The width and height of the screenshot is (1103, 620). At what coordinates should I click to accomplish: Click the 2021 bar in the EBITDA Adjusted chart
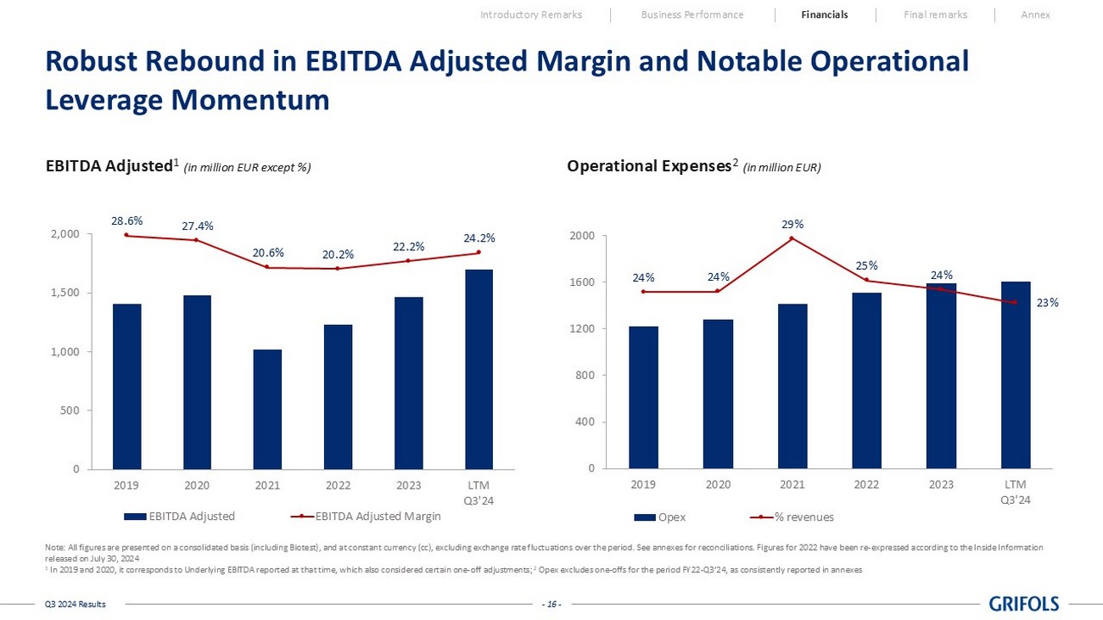(267, 409)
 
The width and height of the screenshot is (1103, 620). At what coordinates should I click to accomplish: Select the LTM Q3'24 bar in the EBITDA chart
(479, 369)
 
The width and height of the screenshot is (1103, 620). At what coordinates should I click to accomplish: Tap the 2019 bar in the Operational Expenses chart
(643, 397)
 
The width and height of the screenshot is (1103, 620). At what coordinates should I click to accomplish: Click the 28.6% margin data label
(126, 221)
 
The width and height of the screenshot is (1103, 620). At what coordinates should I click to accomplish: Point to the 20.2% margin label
(338, 254)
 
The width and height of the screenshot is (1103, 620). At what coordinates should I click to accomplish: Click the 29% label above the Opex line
(792, 224)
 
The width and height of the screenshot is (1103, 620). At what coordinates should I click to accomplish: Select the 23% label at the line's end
(1048, 302)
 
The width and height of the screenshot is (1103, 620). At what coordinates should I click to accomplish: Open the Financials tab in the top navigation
(824, 14)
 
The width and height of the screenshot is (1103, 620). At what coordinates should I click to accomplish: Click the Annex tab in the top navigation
(1035, 14)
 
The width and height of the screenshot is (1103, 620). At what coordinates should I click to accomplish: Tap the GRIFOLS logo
(1024, 604)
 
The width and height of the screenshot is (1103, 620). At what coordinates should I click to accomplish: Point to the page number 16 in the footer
(551, 604)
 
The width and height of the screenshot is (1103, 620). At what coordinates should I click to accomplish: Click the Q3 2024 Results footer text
(76, 604)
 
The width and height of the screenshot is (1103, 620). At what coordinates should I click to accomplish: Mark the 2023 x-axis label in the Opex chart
(940, 485)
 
